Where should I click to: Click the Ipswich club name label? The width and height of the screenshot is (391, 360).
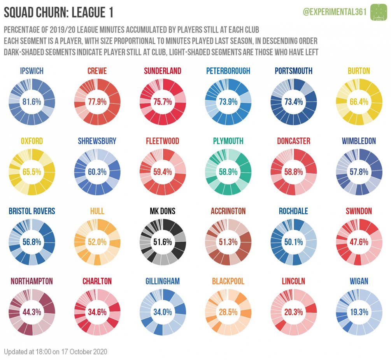point(32,71)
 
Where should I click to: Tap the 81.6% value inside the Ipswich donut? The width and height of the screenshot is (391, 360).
point(32,102)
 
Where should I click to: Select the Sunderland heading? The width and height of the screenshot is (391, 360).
point(163,71)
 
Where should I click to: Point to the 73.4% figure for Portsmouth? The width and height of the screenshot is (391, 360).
point(294,102)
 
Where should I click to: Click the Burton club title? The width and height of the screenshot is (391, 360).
point(359,71)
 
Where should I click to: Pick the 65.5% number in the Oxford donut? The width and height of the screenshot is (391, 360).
point(32,172)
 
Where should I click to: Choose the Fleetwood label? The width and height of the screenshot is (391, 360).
point(163,141)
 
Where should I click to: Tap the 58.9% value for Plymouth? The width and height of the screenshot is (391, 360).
point(228,172)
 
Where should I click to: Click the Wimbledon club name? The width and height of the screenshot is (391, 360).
point(359,141)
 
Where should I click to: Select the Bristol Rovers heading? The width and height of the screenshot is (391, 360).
point(32,211)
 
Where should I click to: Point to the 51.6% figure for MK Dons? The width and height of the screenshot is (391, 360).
point(163,242)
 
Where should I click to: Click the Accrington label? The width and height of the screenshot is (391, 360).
point(228,211)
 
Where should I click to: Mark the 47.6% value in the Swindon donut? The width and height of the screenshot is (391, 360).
point(359,242)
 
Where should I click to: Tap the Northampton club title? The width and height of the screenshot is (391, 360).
point(32,281)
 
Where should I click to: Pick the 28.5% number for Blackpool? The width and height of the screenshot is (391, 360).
point(228,312)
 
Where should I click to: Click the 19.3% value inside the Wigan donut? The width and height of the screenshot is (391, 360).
point(359,312)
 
